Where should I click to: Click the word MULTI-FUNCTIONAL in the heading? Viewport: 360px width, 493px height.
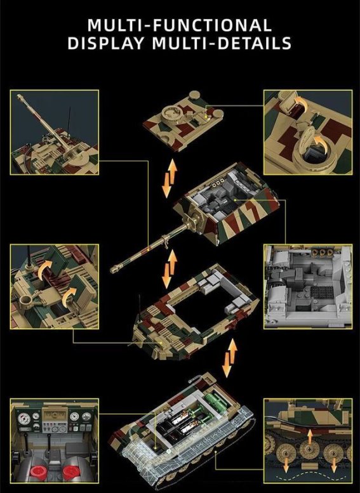[180, 25]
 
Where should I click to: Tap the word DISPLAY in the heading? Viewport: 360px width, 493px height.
[106, 43]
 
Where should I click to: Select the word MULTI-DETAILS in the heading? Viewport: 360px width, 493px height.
[222, 43]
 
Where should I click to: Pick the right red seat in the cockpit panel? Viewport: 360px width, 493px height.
[72, 472]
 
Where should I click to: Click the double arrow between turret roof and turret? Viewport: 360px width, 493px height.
[170, 178]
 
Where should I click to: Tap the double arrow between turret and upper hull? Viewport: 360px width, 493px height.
[169, 269]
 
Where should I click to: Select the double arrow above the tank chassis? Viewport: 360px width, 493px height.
[229, 358]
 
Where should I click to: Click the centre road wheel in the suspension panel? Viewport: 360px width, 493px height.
[310, 451]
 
